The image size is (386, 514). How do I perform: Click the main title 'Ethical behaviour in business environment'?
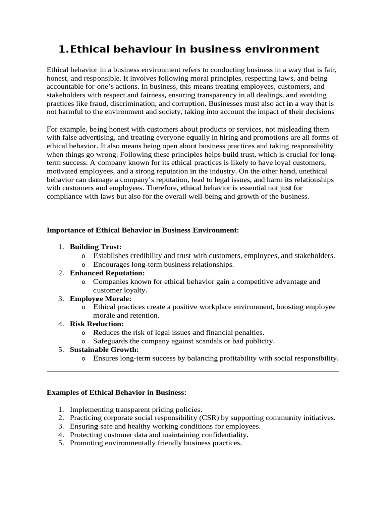click(x=188, y=49)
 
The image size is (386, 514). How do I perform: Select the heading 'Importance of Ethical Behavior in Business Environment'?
click(x=143, y=230)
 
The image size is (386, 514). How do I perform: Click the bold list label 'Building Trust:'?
click(x=95, y=247)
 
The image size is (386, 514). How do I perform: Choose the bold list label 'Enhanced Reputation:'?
click(x=107, y=273)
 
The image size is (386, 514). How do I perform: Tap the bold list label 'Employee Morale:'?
click(x=101, y=299)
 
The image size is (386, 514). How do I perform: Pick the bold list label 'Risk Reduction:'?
click(x=96, y=324)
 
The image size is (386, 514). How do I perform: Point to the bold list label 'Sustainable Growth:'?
click(x=104, y=349)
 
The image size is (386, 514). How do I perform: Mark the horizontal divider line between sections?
click(x=193, y=371)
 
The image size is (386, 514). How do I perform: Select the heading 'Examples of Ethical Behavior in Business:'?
click(x=117, y=392)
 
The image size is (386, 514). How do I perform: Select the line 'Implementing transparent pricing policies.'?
click(x=136, y=409)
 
